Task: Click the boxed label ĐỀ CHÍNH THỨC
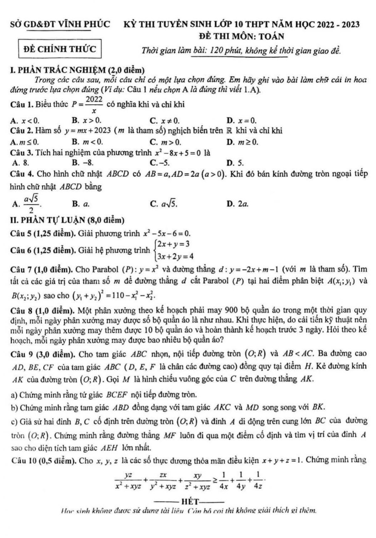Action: pyautogui.click(x=60, y=49)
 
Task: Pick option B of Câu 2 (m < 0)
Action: pyautogui.click(x=87, y=142)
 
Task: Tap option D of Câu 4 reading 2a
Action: pyautogui.click(x=238, y=204)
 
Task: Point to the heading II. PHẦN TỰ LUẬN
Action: pyautogui.click(x=67, y=220)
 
